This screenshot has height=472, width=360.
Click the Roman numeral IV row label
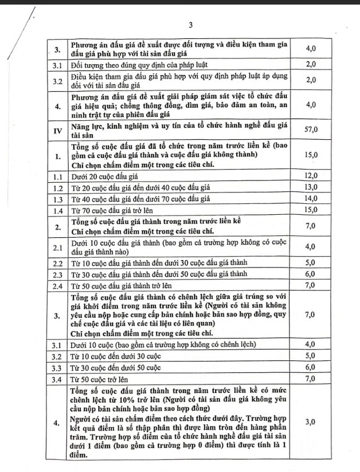(x=57, y=129)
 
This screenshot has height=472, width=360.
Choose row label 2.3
(x=57, y=274)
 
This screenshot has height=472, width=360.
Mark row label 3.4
(x=57, y=379)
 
